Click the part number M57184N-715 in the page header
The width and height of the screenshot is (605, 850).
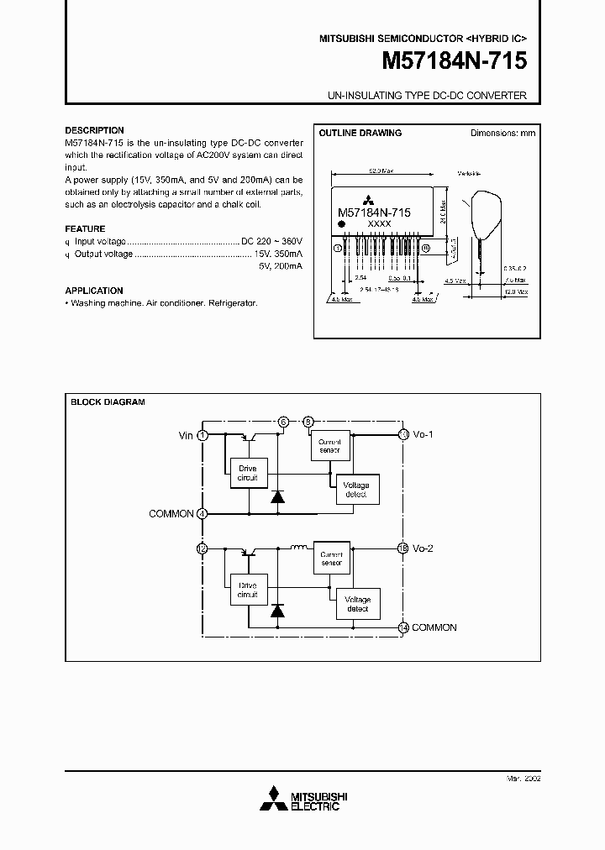(x=455, y=61)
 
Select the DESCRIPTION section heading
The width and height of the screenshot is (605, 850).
(x=94, y=130)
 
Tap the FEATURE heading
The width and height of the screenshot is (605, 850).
(x=85, y=228)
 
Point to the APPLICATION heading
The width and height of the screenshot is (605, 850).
(x=94, y=290)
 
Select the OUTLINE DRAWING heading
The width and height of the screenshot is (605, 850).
(x=360, y=133)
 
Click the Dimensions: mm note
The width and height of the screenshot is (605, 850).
(x=502, y=133)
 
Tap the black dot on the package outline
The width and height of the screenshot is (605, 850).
(x=342, y=225)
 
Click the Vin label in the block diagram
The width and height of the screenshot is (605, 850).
(x=186, y=435)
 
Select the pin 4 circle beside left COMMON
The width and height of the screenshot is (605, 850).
(x=202, y=513)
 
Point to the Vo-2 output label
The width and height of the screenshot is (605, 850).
(x=423, y=548)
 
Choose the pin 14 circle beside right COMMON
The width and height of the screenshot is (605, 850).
(x=403, y=627)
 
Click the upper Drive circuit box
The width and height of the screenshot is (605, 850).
(x=248, y=474)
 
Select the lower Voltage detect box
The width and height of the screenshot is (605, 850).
(x=358, y=603)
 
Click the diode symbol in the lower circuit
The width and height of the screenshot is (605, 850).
(x=276, y=610)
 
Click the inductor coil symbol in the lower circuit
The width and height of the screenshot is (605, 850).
(x=299, y=548)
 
